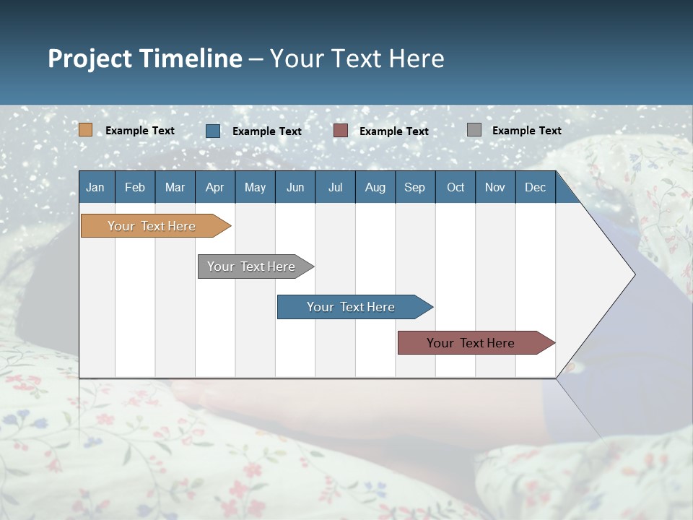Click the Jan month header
pyautogui.click(x=95, y=188)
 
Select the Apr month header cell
pyautogui.click(x=214, y=188)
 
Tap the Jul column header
pyautogui.click(x=335, y=188)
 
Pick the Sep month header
pyautogui.click(x=414, y=188)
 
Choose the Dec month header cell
pyautogui.click(x=535, y=188)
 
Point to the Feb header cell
pyautogui.click(x=135, y=188)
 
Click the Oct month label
pyautogui.click(x=456, y=188)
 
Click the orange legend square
pyautogui.click(x=85, y=130)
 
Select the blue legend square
pyautogui.click(x=213, y=131)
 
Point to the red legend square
pyautogui.click(x=341, y=131)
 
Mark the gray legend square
pyautogui.click(x=474, y=130)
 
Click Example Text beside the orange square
pyautogui.click(x=140, y=131)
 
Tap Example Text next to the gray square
pyautogui.click(x=527, y=131)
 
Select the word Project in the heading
pyautogui.click(x=88, y=58)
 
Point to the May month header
pyautogui.click(x=255, y=188)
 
